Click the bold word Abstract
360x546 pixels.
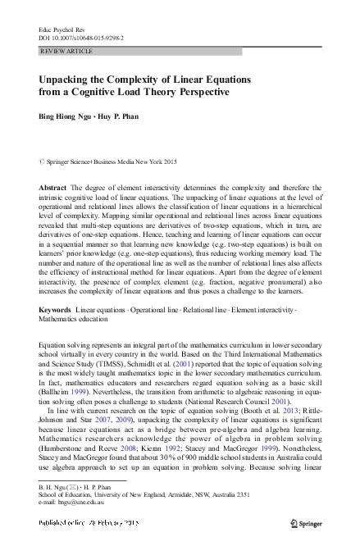pyautogui.click(x=52, y=189)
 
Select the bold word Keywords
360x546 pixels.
pyautogui.click(x=55, y=308)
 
